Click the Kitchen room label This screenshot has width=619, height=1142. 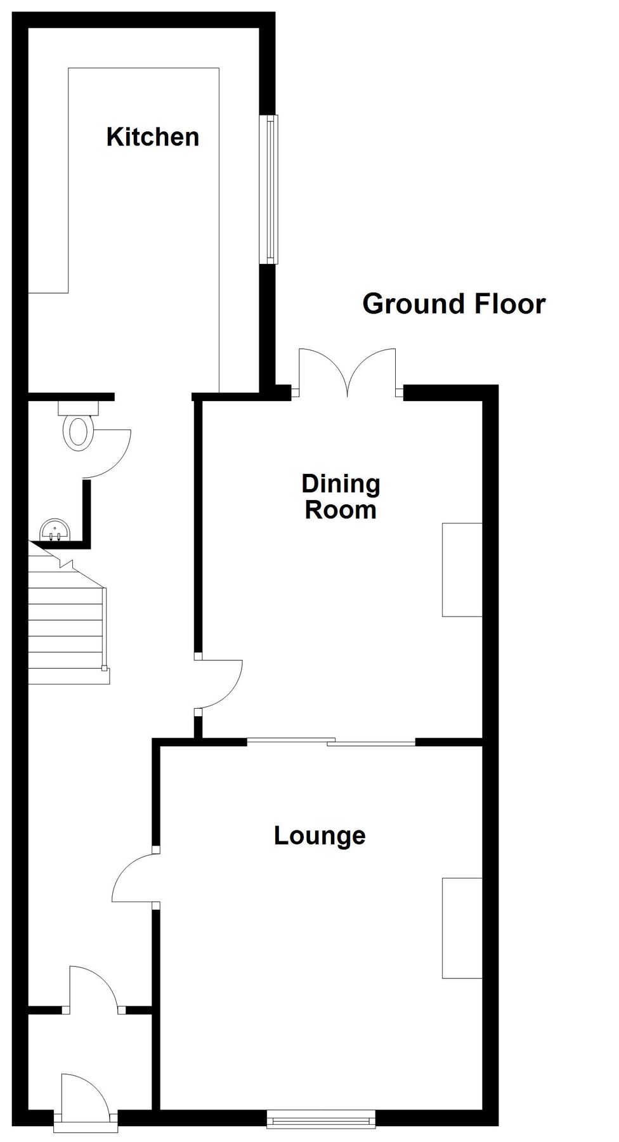click(153, 137)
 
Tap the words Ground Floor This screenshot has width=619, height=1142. click(453, 304)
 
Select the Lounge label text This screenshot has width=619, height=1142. click(320, 836)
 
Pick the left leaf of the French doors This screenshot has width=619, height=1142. click(323, 371)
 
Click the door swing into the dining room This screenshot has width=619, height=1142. click(222, 683)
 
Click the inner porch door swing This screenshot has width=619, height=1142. click(94, 987)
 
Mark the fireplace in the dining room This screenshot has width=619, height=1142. click(462, 569)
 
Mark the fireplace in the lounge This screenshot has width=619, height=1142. click(462, 928)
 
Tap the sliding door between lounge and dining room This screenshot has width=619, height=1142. click(331, 740)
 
